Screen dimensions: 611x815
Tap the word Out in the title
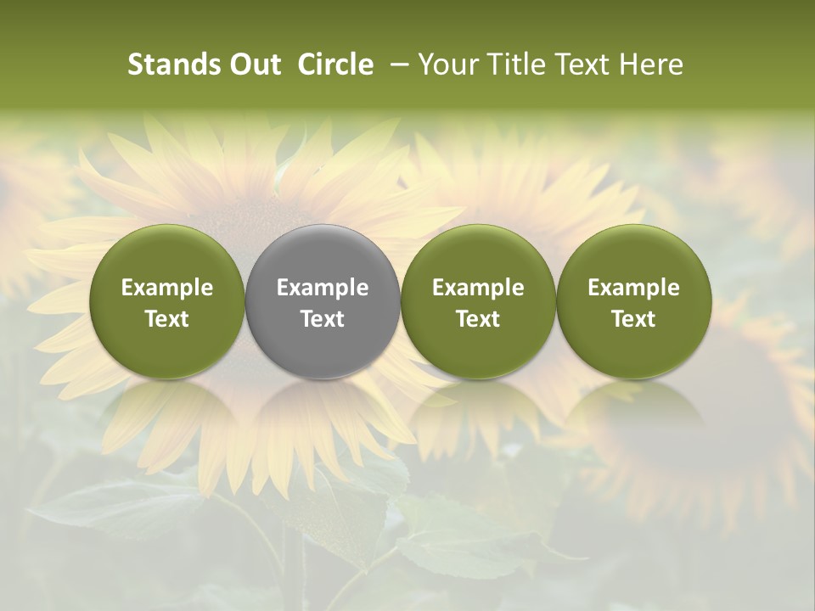point(253,64)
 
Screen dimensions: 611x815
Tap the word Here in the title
point(652,64)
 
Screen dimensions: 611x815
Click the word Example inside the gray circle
point(323,288)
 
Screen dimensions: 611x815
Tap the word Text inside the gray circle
point(323,319)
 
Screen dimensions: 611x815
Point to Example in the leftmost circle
point(167,288)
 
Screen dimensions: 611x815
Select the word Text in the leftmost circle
point(167,319)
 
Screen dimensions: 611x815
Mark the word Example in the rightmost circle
point(634,288)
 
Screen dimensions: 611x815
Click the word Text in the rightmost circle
point(634,319)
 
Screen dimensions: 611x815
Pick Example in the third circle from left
point(478,288)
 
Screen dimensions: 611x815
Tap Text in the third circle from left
point(478,319)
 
